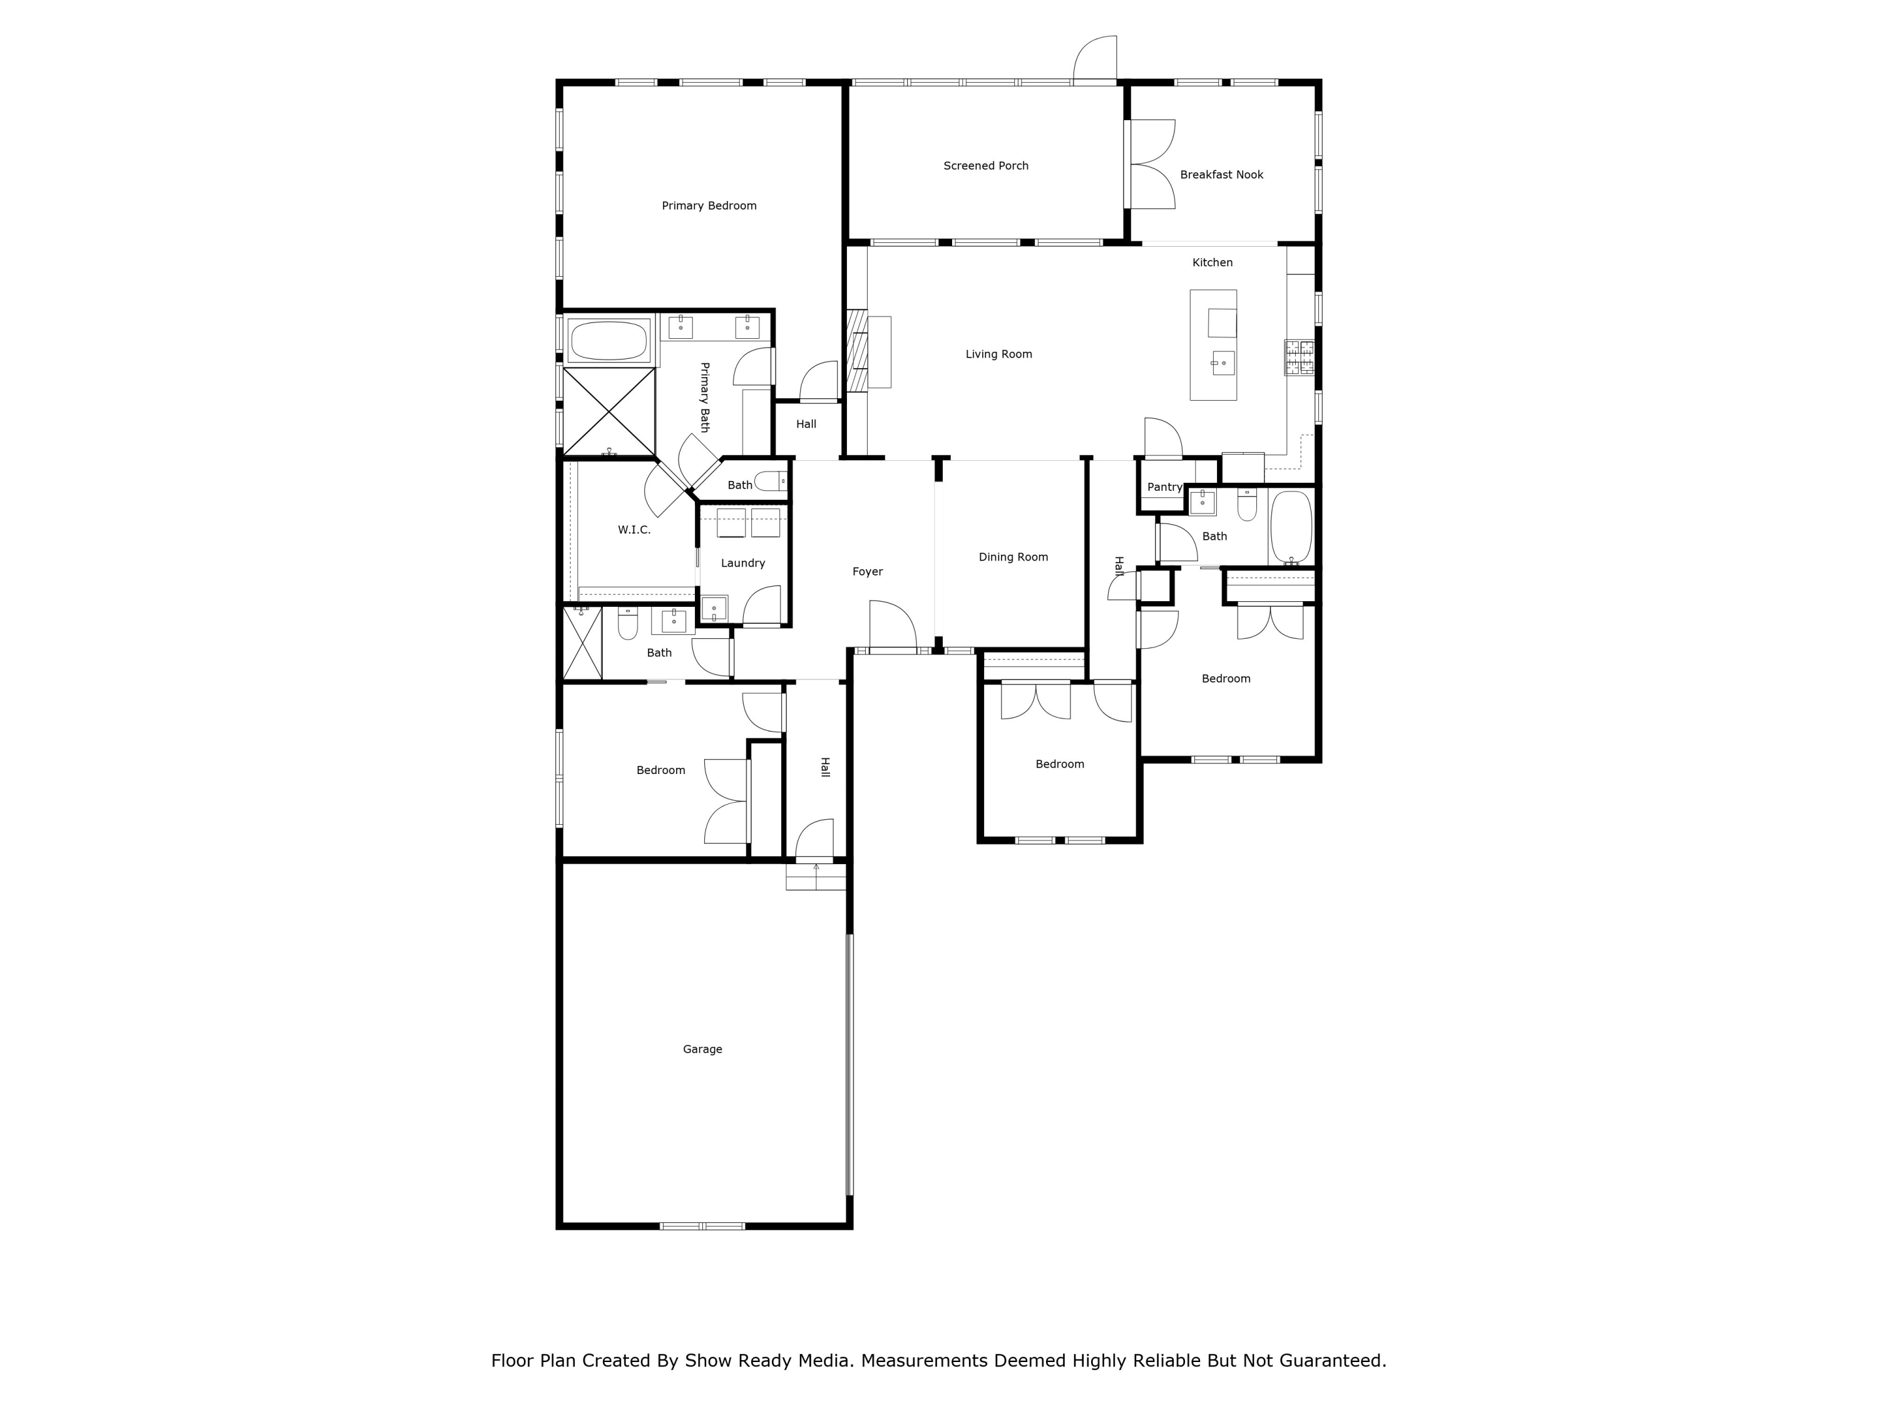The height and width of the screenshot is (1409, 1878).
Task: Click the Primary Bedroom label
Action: pyautogui.click(x=709, y=205)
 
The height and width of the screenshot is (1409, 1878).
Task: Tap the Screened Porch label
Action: pyautogui.click(x=986, y=165)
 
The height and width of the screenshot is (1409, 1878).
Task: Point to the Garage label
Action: pyautogui.click(x=702, y=1049)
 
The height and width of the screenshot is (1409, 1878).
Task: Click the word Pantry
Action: pyautogui.click(x=1164, y=487)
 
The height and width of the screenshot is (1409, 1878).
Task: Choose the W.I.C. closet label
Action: pyautogui.click(x=634, y=530)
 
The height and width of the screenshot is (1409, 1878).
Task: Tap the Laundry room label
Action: pyautogui.click(x=743, y=563)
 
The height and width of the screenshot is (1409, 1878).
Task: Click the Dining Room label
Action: pyautogui.click(x=1013, y=557)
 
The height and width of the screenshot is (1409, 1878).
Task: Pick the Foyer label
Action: pyautogui.click(x=868, y=572)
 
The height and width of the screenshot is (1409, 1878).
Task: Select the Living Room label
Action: pyautogui.click(x=998, y=354)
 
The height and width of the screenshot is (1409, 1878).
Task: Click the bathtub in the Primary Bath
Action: pyautogui.click(x=608, y=341)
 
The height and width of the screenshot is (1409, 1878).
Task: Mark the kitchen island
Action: pyautogui.click(x=1213, y=345)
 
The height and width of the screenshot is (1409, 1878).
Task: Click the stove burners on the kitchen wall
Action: pyautogui.click(x=1299, y=358)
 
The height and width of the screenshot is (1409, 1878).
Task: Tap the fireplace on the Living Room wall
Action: pyautogui.click(x=858, y=351)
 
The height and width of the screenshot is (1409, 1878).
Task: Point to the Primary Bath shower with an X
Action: pyautogui.click(x=608, y=412)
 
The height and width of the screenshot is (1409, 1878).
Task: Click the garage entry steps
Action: pyautogui.click(x=816, y=877)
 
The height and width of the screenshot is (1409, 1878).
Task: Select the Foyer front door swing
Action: pyautogui.click(x=891, y=627)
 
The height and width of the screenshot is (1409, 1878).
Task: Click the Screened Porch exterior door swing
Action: pyautogui.click(x=1095, y=59)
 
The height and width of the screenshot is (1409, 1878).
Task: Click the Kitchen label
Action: pyautogui.click(x=1213, y=262)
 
